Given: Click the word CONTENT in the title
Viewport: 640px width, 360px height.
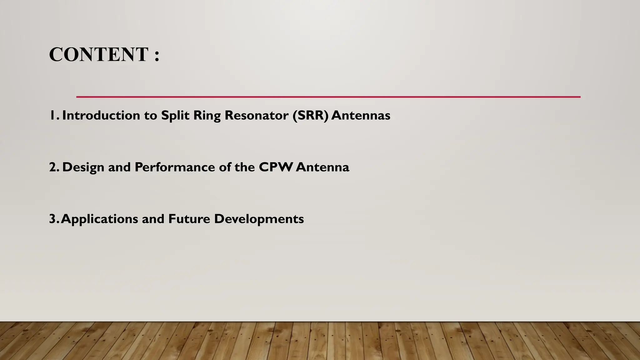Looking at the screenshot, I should click(98, 55).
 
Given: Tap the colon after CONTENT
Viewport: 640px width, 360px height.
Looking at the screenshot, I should click(157, 56).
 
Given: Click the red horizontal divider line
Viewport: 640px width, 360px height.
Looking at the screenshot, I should click(328, 97).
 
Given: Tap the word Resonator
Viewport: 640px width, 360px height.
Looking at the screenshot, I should click(257, 116).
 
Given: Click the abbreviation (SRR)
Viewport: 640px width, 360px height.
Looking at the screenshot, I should click(311, 116).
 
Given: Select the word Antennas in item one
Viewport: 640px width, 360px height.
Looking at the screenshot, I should click(361, 116).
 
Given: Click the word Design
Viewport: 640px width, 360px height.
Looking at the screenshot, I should click(83, 167).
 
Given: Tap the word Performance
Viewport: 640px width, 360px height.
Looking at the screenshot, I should click(175, 167).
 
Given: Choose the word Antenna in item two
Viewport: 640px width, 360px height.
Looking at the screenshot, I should click(322, 167).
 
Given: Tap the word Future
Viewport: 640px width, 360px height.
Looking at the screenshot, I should click(189, 219).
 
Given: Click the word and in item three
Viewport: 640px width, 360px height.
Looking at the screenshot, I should click(153, 219).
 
